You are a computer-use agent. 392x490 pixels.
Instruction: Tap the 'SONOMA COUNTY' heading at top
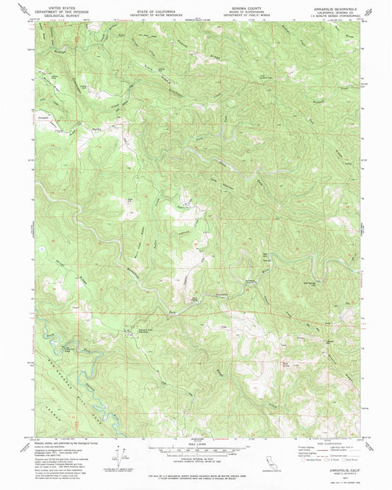[x=238, y=4]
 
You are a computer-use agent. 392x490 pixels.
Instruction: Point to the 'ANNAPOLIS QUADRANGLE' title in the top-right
[x=329, y=4]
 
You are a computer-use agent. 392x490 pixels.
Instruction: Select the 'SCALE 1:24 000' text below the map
[x=196, y=444]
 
